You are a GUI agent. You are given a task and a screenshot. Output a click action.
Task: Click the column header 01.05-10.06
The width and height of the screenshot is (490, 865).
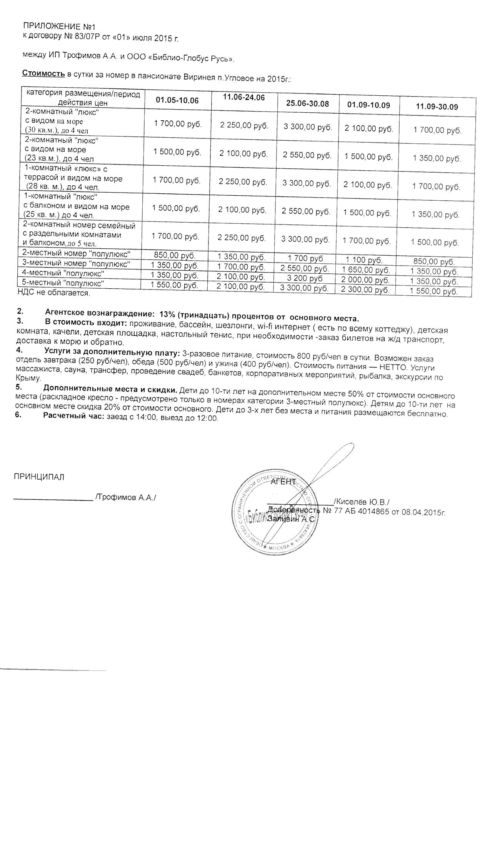click(177, 100)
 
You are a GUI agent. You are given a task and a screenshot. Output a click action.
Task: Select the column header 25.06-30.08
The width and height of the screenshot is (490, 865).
click(307, 103)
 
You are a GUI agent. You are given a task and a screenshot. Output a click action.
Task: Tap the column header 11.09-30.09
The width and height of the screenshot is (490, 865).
click(437, 106)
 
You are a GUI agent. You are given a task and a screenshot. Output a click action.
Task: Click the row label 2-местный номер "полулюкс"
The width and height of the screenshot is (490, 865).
click(77, 254)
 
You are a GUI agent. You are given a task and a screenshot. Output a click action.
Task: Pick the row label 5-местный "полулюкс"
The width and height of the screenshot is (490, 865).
click(63, 283)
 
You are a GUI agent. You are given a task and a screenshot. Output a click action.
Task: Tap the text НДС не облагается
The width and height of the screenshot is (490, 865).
click(53, 293)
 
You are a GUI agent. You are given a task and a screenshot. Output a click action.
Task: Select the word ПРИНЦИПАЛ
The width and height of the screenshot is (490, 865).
click(39, 477)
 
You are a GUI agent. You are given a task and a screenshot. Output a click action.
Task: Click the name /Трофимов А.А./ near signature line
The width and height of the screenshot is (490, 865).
click(126, 497)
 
